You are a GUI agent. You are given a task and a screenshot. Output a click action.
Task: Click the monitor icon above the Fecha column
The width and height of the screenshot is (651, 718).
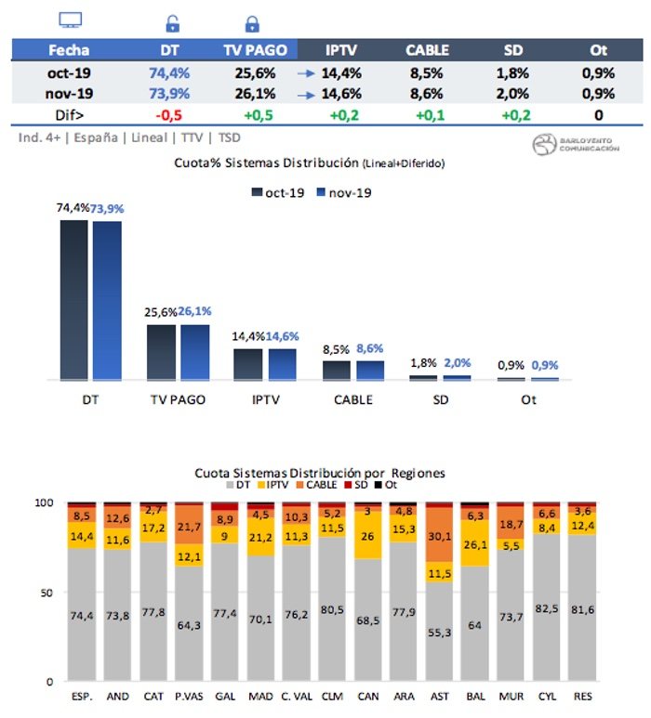[x=71, y=20]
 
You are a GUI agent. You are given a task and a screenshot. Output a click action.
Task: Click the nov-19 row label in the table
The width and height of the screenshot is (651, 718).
[x=70, y=93]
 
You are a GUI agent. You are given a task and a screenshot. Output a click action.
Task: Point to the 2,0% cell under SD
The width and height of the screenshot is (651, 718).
[x=512, y=93]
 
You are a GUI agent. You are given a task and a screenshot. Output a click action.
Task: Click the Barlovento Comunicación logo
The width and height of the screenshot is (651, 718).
[x=575, y=144]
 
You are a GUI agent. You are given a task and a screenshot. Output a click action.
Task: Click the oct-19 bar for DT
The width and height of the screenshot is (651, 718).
[x=74, y=300]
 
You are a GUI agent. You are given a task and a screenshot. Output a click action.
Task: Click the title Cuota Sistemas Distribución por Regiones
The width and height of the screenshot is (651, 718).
[x=319, y=473]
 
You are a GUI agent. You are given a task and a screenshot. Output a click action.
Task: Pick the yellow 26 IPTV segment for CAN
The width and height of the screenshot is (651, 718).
[x=367, y=536]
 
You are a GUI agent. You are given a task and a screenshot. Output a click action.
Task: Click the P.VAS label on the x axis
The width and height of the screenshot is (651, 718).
[x=190, y=697]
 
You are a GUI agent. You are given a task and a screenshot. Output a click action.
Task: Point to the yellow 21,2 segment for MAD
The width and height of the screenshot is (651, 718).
[x=261, y=537]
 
